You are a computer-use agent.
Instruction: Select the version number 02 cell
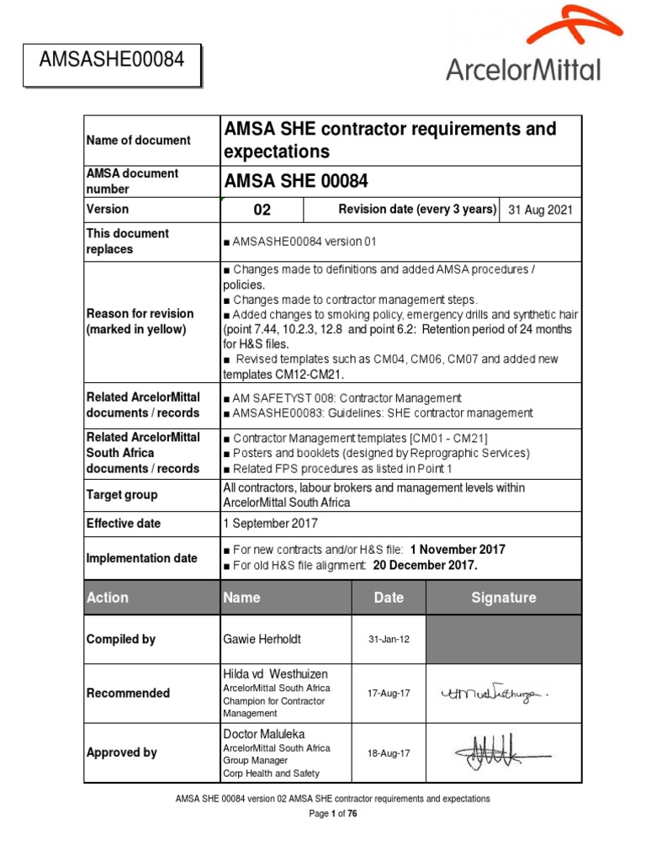tap(262, 210)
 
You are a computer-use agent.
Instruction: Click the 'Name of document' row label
tap(139, 141)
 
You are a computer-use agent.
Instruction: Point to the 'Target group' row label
tap(122, 495)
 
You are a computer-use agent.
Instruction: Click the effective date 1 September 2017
tap(271, 524)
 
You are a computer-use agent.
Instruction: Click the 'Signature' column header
tap(504, 598)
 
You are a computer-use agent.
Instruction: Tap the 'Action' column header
tap(108, 598)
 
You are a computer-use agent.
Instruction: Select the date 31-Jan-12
tap(389, 640)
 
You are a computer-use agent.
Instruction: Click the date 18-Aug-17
tap(389, 753)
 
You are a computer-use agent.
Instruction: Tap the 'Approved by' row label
tap(122, 753)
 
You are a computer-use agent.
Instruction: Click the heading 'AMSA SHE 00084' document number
tap(295, 181)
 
